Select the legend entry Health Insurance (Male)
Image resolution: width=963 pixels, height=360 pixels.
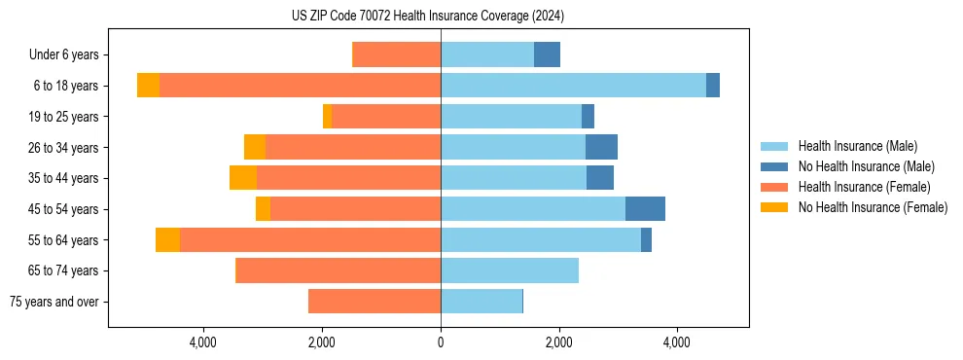click(x=857, y=146)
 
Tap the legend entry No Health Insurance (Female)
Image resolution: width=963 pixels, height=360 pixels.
click(x=873, y=207)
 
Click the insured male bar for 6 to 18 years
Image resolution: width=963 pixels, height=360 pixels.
click(x=573, y=86)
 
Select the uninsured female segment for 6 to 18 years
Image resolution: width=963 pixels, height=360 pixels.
click(x=148, y=86)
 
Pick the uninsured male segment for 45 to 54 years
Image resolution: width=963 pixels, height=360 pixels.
click(x=645, y=209)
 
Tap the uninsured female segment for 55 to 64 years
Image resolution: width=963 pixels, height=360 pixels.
click(x=167, y=240)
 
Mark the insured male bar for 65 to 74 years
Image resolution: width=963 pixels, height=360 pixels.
click(x=510, y=270)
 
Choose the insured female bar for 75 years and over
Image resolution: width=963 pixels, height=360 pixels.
click(x=374, y=302)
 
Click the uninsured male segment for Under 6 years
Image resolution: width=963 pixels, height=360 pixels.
click(x=547, y=55)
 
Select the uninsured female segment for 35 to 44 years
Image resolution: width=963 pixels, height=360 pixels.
click(x=243, y=178)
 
